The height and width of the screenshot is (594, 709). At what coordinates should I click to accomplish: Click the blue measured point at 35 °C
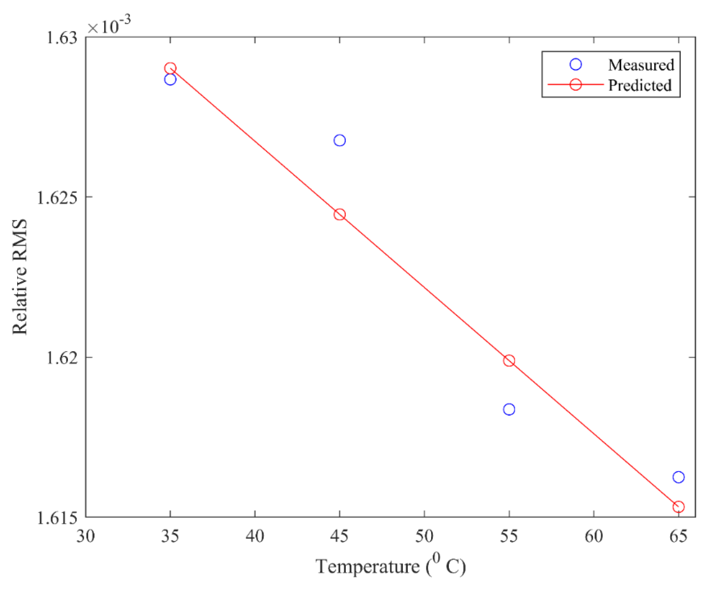(x=170, y=79)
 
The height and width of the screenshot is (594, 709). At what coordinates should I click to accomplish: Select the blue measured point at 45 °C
(x=340, y=140)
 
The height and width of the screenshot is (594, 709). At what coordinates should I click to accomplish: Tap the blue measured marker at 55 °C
(x=509, y=409)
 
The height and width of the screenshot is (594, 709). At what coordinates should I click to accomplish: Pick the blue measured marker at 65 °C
(x=678, y=477)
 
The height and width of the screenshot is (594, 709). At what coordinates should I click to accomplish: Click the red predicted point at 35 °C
(x=170, y=68)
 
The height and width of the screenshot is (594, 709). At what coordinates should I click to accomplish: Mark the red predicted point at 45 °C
(x=340, y=214)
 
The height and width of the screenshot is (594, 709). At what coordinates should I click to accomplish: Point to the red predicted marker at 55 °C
(x=509, y=360)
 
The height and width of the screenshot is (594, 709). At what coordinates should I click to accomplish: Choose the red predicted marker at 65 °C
(x=678, y=507)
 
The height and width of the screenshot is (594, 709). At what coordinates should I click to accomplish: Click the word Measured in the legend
(x=641, y=65)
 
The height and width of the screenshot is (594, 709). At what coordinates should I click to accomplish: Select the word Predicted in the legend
(x=640, y=85)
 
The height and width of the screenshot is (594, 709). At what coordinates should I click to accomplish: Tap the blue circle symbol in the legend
(x=576, y=65)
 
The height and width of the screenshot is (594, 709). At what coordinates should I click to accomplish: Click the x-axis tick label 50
(x=424, y=536)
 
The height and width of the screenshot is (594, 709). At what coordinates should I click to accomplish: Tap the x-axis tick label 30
(x=86, y=536)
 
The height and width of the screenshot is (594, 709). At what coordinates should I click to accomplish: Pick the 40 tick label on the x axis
(x=255, y=536)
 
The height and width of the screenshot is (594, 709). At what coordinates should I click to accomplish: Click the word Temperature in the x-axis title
(x=368, y=567)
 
